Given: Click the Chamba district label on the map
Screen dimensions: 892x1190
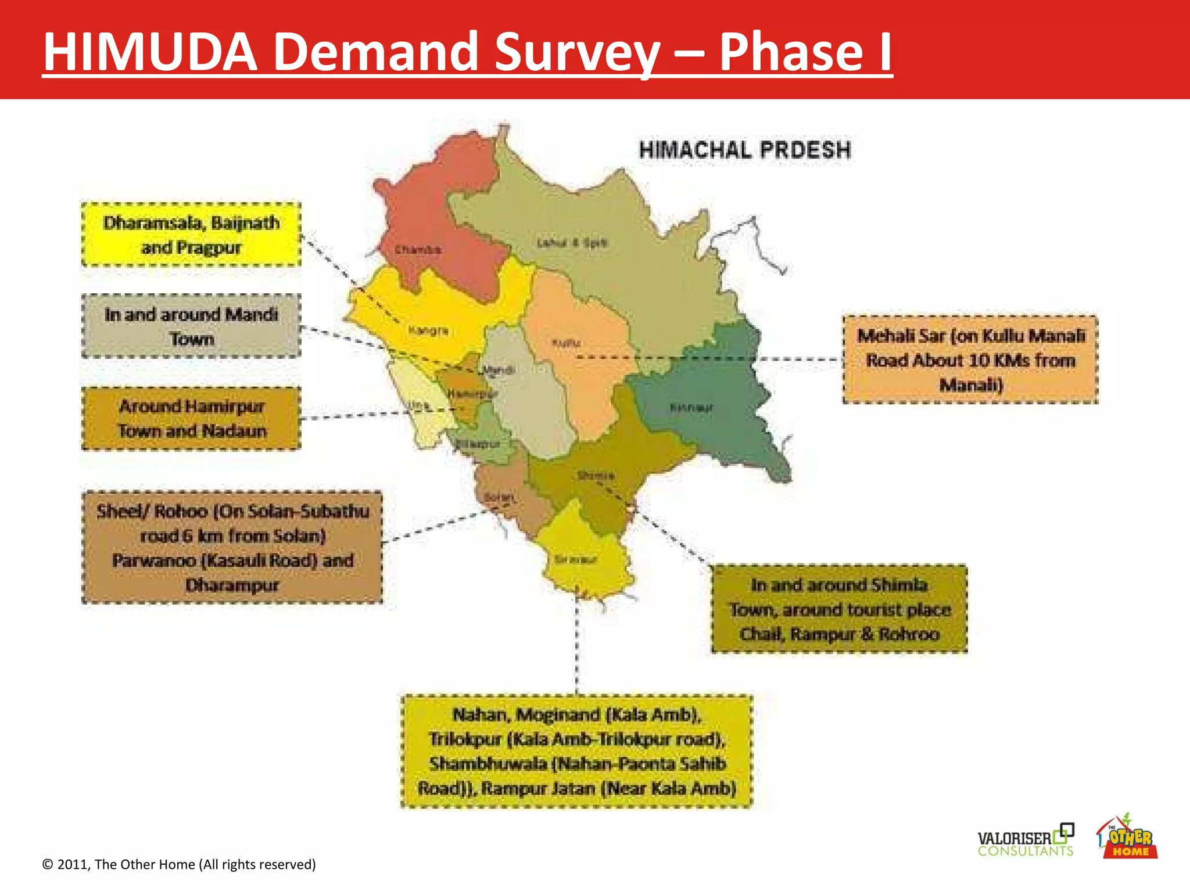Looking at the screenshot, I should (418, 250).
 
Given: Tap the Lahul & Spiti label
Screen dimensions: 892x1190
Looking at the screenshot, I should (572, 243).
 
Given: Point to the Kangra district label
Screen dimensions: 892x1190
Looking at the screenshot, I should (428, 330).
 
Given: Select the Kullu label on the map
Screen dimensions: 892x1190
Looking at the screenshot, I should (565, 343).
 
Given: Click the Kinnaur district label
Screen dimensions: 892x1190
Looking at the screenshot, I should (691, 407).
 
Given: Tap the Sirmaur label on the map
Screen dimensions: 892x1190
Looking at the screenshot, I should (575, 560).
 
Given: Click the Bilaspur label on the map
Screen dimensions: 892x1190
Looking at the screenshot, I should (478, 444).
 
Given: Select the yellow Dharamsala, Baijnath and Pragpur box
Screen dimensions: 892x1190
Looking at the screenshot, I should (191, 235).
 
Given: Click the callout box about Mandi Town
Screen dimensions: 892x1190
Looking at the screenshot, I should (191, 326).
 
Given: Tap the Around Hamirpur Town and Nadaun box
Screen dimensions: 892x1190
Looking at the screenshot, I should (191, 418).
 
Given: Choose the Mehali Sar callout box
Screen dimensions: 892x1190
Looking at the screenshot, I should (970, 359).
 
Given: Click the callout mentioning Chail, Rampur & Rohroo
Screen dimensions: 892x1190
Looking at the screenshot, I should (839, 609).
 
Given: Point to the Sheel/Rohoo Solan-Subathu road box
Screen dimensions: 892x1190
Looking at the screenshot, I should (232, 548).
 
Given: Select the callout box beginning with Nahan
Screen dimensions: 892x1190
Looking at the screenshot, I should (576, 751).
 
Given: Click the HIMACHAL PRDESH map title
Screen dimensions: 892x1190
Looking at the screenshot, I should (745, 150).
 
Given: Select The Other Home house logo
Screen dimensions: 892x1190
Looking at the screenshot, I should (1127, 837).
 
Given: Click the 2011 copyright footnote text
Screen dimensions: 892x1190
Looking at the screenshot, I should (179, 864).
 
